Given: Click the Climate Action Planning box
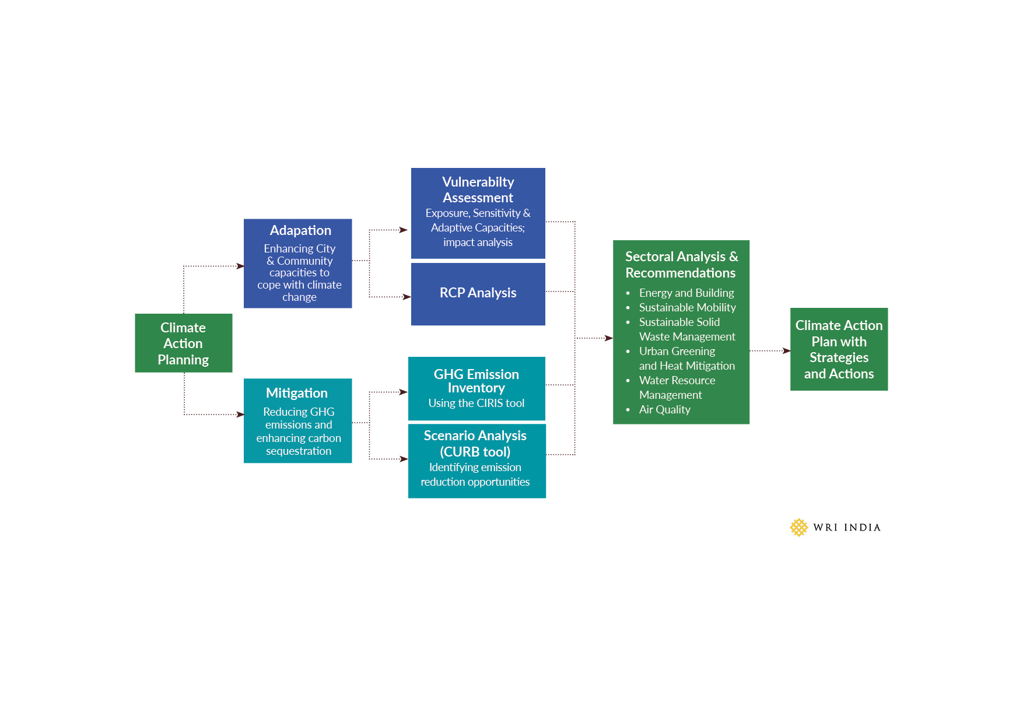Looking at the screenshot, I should [183, 343].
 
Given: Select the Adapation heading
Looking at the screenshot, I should [300, 230].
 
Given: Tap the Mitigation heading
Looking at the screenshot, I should [297, 393].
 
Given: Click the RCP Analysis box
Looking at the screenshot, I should [478, 293].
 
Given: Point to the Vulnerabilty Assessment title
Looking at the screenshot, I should [478, 190].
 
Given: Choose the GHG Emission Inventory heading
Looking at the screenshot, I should [476, 381].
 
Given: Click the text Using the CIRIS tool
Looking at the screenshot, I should [476, 403].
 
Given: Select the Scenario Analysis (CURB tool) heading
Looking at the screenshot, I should [475, 444].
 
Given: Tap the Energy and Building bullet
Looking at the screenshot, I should [686, 293].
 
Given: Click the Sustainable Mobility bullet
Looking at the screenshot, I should [687, 307].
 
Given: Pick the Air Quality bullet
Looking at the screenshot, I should [664, 409].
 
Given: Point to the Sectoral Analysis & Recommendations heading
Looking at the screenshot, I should [681, 265].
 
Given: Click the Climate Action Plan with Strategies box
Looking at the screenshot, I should [839, 349].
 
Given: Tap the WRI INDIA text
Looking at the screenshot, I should [847, 528].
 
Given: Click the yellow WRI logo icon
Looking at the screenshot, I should [798, 528].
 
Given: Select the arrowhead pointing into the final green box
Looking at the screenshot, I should [787, 351].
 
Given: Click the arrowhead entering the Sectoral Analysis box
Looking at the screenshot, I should [609, 338].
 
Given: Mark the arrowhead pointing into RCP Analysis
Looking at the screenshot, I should [407, 297].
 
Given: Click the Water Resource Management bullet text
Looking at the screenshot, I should [677, 388].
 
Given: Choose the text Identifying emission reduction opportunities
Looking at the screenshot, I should [475, 475].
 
